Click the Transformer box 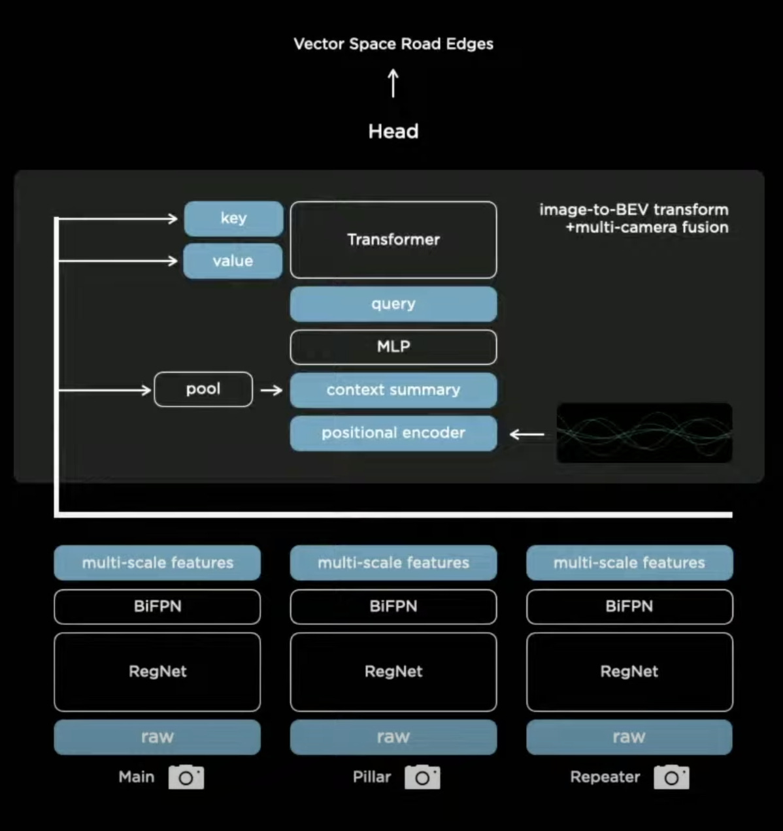click(x=393, y=240)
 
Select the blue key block click(x=233, y=218)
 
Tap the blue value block click(x=233, y=261)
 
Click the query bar click(x=393, y=304)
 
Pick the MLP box click(x=393, y=347)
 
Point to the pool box click(x=203, y=389)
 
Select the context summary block click(x=393, y=390)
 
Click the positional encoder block click(x=393, y=433)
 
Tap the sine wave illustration click(x=644, y=433)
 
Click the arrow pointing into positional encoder click(x=527, y=434)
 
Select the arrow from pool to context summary click(x=271, y=390)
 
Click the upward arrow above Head click(x=393, y=84)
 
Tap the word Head click(x=393, y=131)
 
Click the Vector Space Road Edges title click(x=393, y=44)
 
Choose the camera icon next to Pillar click(x=422, y=777)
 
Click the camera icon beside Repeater click(x=671, y=777)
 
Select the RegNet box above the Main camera click(x=157, y=672)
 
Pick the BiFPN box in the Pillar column click(x=393, y=606)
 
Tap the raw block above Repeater click(x=629, y=737)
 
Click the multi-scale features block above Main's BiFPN click(x=157, y=562)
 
